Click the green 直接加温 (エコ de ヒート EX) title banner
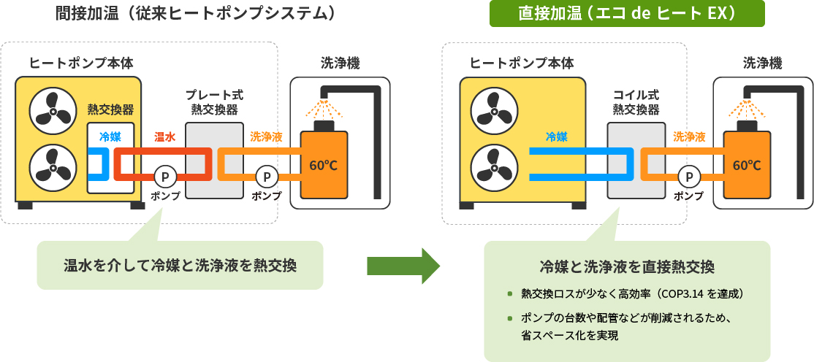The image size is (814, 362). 626,14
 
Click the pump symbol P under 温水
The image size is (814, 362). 164,176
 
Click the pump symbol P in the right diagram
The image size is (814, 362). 688,176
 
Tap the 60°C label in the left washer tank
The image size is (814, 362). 323,166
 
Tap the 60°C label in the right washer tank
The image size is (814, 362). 746,166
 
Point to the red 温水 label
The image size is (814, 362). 164,136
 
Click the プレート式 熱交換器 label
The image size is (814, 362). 214,102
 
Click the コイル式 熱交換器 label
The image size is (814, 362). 636,102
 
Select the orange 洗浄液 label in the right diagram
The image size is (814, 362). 688,136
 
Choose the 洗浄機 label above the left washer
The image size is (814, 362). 340,63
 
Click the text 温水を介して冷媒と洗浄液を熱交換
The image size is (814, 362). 180,265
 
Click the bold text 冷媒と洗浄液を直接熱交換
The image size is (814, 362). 626,266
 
